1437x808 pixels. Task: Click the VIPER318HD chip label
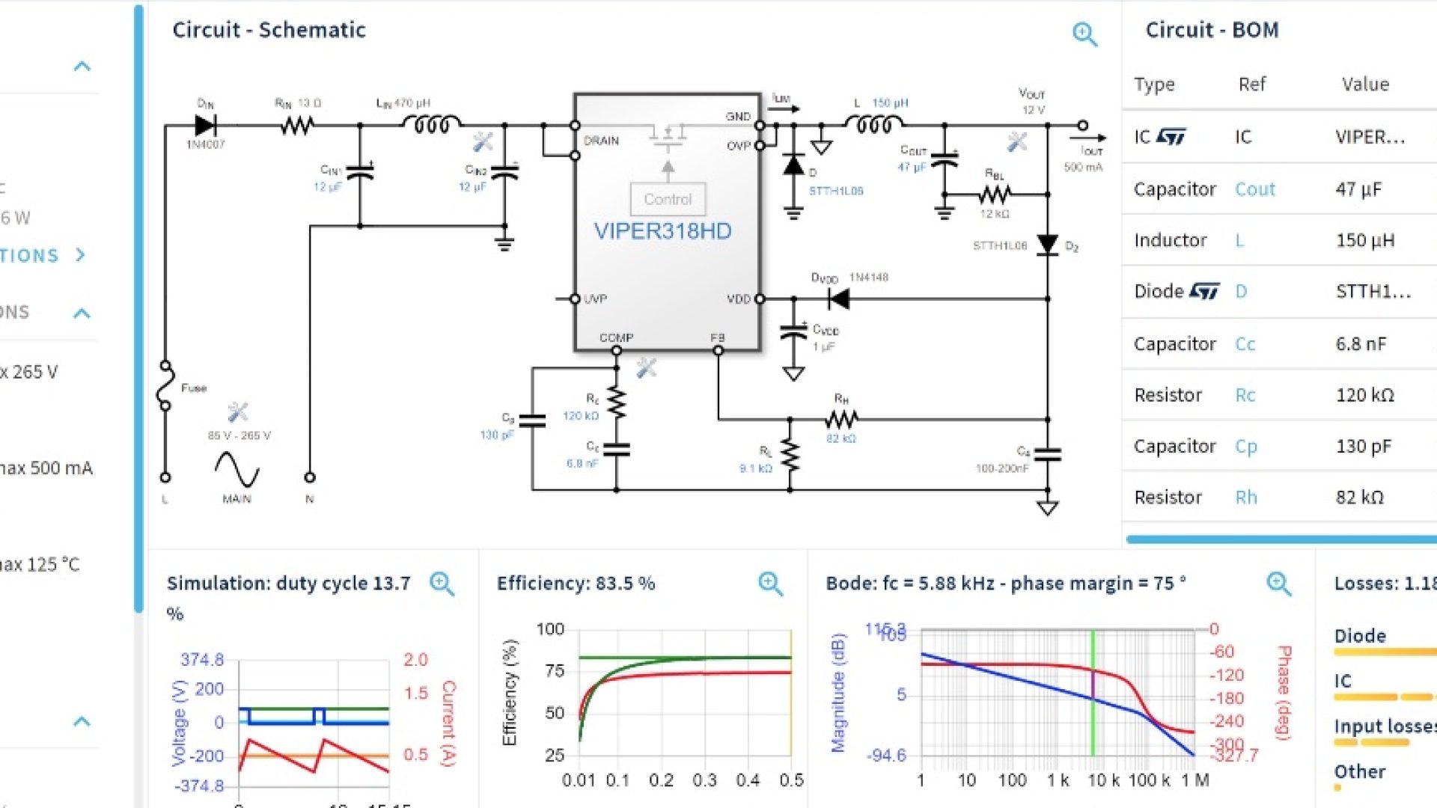coord(662,230)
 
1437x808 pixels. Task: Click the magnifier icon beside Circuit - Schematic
coord(1084,34)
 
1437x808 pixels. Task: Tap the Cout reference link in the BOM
coord(1254,189)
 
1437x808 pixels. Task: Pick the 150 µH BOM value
coord(1365,240)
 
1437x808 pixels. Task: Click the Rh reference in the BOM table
coord(1246,498)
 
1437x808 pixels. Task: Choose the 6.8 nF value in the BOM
coord(1361,344)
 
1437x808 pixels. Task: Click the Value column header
coord(1365,84)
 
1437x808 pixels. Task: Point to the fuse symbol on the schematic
coord(165,386)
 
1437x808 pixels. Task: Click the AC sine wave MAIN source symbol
coord(237,470)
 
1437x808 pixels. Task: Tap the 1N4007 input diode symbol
coord(205,125)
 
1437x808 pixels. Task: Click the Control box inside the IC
coord(668,199)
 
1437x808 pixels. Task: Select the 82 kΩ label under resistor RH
coord(840,438)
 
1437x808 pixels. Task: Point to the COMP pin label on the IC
coord(616,337)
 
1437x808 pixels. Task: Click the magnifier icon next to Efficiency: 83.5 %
coord(770,584)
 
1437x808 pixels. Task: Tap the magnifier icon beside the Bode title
coord(1278,584)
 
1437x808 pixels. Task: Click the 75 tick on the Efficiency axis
coord(555,671)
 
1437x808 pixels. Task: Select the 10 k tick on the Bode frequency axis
coord(1103,780)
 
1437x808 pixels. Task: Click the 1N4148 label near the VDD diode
coord(868,278)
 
